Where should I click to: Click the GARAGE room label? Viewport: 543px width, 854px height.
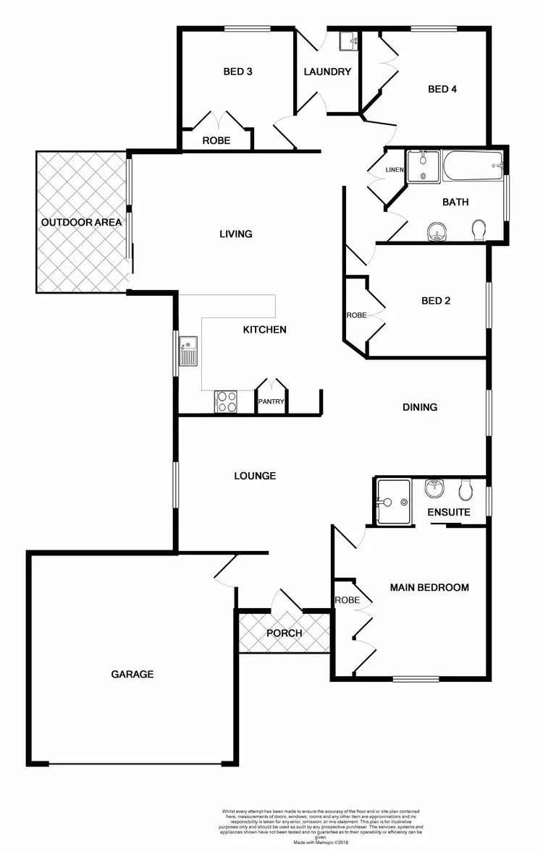coord(132,674)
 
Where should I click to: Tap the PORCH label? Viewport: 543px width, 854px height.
coord(284,633)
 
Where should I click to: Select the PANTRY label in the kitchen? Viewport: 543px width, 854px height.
coord(271,402)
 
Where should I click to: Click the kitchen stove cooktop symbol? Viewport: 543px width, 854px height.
coord(226,401)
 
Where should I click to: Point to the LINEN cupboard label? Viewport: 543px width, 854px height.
coord(394,170)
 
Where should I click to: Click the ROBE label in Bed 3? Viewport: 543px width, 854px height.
coord(216,140)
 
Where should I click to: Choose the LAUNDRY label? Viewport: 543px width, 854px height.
coord(327,72)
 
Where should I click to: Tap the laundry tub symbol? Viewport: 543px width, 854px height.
coord(349,40)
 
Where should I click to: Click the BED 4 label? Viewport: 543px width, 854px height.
coord(442,89)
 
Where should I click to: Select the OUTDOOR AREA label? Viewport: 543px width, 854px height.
coord(82,222)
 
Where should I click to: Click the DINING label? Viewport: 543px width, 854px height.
coord(420,407)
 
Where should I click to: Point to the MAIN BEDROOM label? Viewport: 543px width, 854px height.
coord(429,587)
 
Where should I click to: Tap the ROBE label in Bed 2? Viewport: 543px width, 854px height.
coord(356,315)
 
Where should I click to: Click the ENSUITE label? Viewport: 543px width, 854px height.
coord(449,512)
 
